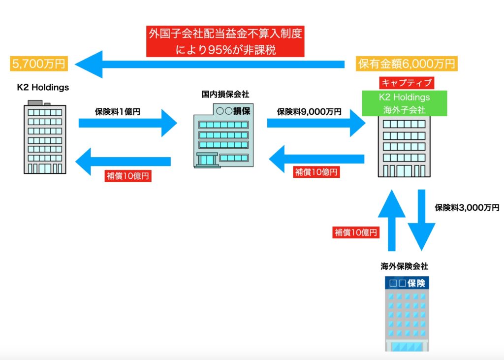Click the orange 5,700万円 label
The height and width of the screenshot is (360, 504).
point(38,64)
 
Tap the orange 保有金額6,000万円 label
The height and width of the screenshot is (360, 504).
point(407,64)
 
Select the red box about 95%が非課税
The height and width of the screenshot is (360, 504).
point(224,41)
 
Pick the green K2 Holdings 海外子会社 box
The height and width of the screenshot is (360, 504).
point(405,103)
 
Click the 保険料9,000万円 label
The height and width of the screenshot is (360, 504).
point(309,111)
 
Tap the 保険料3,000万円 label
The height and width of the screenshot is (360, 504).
point(467,207)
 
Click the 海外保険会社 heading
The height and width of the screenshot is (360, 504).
point(404,266)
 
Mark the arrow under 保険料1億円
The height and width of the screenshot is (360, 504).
point(127,123)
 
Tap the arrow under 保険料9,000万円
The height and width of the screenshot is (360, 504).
point(315,123)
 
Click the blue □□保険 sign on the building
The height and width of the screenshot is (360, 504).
point(408,283)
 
